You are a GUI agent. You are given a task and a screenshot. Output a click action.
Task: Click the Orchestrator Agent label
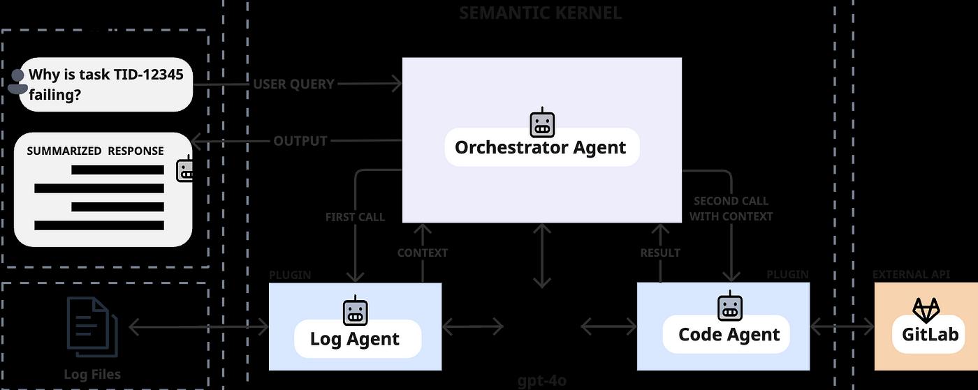tap(541, 147)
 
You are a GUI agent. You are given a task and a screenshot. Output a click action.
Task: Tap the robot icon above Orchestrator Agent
tap(542, 123)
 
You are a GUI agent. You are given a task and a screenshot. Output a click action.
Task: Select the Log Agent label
tap(355, 339)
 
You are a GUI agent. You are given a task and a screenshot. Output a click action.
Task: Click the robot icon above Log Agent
tap(355, 310)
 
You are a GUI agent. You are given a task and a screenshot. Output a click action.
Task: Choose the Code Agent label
tap(729, 334)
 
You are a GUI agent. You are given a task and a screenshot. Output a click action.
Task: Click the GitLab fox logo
tap(927, 310)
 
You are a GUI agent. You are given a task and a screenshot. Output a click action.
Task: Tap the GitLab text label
tap(929, 334)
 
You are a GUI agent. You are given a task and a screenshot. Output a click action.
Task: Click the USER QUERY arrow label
tap(293, 84)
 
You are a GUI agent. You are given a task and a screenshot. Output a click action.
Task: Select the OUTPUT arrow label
tap(300, 141)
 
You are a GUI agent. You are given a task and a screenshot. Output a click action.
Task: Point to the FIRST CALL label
tap(355, 217)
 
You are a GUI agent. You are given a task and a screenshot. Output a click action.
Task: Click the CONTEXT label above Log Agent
tap(422, 253)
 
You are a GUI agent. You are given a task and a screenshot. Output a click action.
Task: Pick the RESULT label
tap(660, 253)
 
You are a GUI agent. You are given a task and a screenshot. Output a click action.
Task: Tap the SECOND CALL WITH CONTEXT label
tap(731, 209)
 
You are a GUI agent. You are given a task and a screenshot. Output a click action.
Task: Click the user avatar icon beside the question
tap(17, 81)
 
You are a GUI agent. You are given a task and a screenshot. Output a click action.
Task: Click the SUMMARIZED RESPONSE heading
tap(95, 151)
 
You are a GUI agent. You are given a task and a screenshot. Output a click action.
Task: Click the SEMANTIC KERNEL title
tap(540, 13)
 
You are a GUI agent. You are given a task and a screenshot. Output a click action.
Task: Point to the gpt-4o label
tap(542, 381)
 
